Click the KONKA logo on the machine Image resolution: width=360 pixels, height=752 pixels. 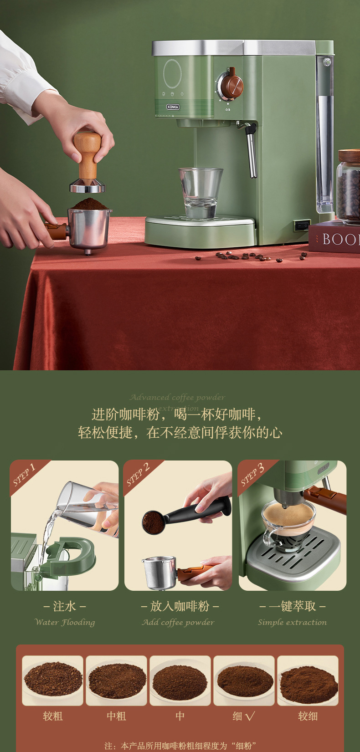click(x=173, y=107)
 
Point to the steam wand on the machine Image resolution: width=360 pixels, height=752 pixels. click(x=251, y=150)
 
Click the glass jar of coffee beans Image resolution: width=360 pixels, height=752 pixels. click(x=349, y=187)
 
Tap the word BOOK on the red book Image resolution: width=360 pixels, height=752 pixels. click(x=340, y=239)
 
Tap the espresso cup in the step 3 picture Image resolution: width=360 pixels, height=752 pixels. click(x=287, y=524)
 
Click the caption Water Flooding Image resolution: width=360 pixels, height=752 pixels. click(x=65, y=622)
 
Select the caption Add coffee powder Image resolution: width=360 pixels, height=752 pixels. click(x=178, y=622)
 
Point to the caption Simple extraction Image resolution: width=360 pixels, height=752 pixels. click(x=292, y=622)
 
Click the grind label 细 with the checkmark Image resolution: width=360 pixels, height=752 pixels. click(x=243, y=716)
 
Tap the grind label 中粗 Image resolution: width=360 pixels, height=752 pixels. click(x=116, y=716)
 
